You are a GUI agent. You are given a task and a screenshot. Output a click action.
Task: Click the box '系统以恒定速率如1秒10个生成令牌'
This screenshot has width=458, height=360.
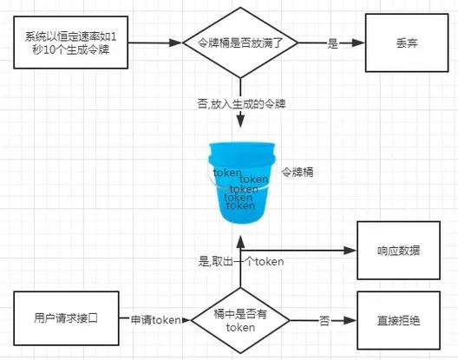point(70,43)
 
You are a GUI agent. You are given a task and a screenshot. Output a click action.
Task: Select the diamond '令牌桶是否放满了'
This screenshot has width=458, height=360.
point(240,43)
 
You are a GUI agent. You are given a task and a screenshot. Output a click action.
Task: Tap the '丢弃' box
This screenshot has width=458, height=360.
point(407,43)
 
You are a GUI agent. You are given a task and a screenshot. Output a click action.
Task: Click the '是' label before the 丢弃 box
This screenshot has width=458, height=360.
point(333,43)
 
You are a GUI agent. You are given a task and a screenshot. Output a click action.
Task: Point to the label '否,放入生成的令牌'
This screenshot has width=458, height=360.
point(241,104)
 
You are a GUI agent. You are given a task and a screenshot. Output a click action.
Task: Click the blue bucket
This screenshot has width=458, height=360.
point(242,183)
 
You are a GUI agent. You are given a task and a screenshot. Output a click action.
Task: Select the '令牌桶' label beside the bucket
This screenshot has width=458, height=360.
point(298,172)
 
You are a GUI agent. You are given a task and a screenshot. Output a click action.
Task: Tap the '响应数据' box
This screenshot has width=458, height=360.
point(399,251)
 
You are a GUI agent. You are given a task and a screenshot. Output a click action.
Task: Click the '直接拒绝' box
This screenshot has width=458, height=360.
point(399,320)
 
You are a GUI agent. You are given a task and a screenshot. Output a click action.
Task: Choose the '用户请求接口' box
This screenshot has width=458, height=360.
point(66,318)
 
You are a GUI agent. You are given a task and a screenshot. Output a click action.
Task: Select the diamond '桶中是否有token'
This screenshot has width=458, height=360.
point(240,321)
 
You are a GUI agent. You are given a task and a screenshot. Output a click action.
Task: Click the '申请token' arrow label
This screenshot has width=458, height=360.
point(155,320)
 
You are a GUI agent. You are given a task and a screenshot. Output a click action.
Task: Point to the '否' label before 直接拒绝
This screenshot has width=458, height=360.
point(324,321)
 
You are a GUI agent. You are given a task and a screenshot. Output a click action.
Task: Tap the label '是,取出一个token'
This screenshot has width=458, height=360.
point(241,261)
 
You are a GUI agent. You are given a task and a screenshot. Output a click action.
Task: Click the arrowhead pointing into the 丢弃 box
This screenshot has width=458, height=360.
point(358,43)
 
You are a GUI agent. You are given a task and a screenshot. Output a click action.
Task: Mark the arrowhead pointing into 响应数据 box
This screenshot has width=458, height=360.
point(350,251)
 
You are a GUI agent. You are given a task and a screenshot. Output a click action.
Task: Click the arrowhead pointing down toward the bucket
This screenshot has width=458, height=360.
point(240,121)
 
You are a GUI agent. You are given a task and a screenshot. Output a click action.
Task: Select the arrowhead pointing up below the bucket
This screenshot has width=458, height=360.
point(240,242)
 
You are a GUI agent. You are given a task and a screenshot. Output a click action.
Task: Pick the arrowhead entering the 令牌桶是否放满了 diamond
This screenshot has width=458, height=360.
point(176,43)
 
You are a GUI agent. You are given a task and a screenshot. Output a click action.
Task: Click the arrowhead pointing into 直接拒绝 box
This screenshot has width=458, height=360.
point(350,321)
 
